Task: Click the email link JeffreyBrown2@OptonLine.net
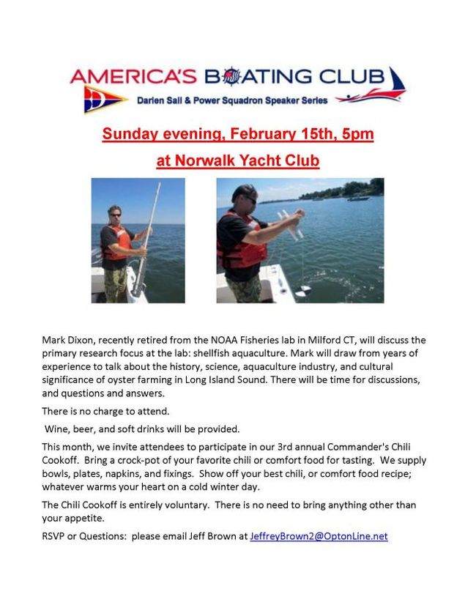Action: pos(319,536)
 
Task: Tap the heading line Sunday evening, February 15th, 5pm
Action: pos(238,135)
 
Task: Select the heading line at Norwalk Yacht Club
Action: pos(238,160)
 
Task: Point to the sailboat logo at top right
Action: pos(395,82)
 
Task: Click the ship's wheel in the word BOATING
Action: pos(231,76)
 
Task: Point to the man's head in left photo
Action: pos(114,213)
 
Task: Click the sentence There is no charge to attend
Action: pos(105,411)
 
